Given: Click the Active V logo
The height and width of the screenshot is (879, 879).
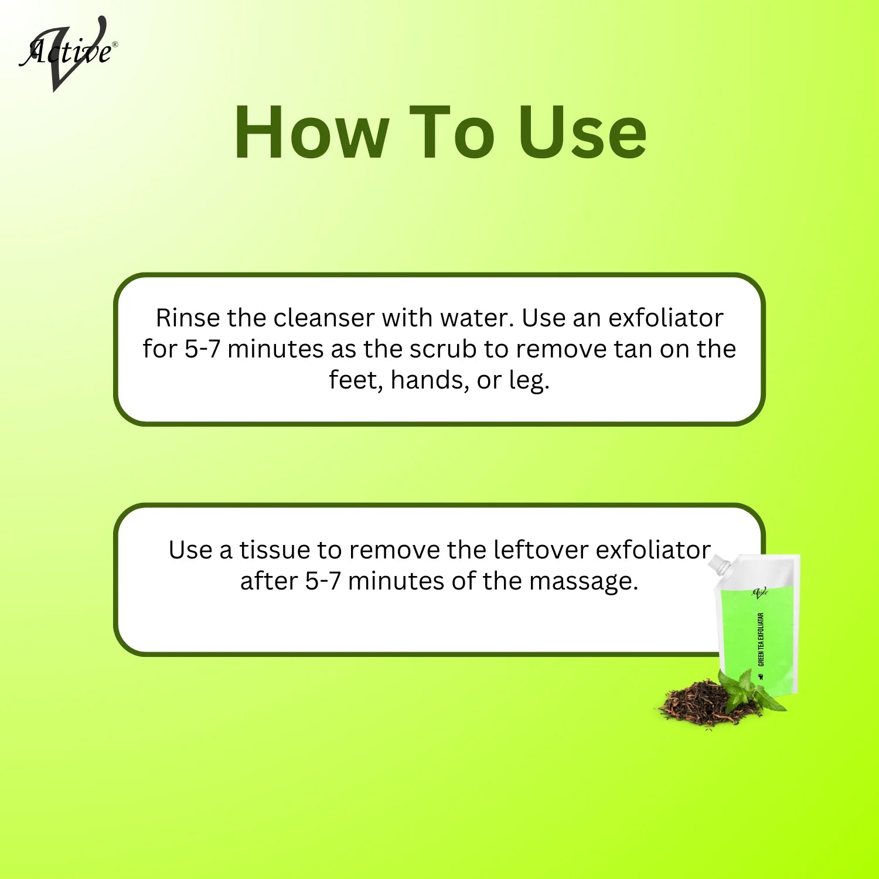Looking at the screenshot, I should click(67, 53).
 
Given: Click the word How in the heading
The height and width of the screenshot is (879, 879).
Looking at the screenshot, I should click(311, 133).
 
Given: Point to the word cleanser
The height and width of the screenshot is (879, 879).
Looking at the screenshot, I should click(323, 318).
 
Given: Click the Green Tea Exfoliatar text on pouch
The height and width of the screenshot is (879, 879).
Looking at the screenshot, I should click(761, 639).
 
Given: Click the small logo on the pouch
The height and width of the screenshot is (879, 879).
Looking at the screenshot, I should click(759, 592).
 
